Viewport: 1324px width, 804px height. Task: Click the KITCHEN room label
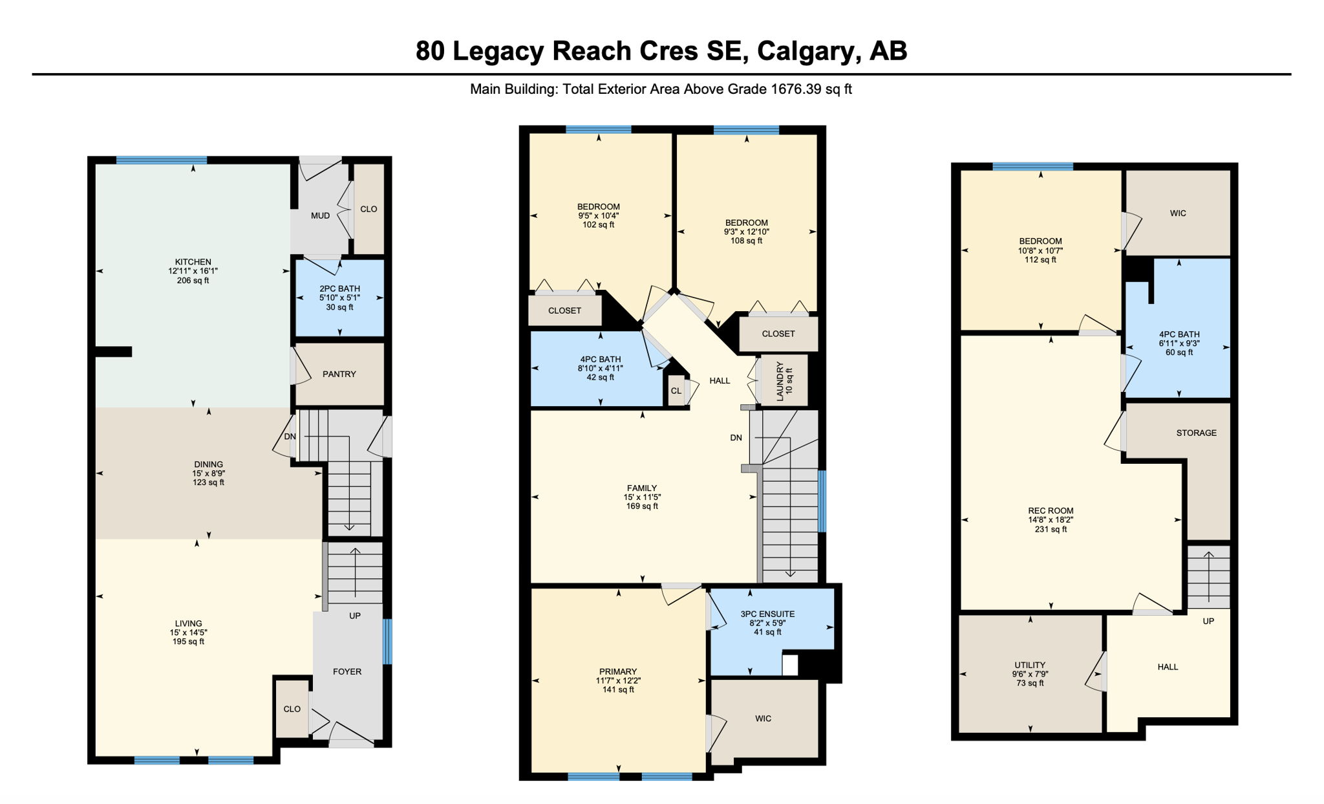(x=193, y=262)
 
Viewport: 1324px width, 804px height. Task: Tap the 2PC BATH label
(x=339, y=288)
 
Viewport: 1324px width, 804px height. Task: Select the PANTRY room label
(x=339, y=374)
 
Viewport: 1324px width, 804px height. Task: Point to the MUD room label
(x=320, y=215)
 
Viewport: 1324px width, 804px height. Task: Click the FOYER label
(x=347, y=671)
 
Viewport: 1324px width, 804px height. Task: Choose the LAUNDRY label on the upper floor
(x=780, y=381)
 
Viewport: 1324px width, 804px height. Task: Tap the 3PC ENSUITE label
(x=767, y=614)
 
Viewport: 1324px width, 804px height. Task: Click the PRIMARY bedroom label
(x=618, y=671)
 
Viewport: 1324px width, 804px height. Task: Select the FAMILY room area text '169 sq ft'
(x=642, y=506)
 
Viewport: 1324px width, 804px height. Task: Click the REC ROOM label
(x=1051, y=510)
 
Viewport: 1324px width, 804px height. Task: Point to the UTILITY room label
(x=1030, y=665)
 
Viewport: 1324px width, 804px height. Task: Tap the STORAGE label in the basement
(x=1196, y=433)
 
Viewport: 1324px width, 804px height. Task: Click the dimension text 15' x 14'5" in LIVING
(x=188, y=633)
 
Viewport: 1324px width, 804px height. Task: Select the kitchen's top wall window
(x=162, y=160)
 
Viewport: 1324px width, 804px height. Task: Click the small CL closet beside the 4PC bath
(x=676, y=391)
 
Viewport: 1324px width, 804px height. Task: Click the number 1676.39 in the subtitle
(x=796, y=89)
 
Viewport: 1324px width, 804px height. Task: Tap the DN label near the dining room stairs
(x=290, y=437)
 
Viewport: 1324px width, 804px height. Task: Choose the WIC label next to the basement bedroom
(x=1178, y=213)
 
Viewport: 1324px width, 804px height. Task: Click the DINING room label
(x=208, y=464)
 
